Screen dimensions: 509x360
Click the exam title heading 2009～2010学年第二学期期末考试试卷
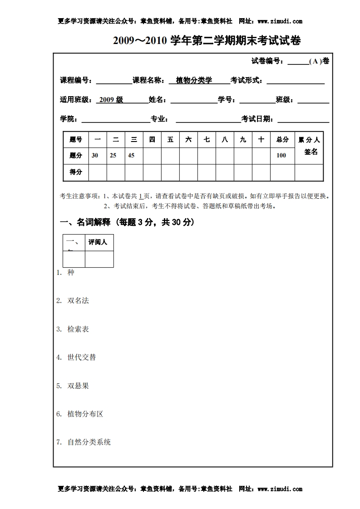207,41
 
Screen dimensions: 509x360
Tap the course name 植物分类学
194,80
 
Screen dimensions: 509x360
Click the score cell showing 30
95,155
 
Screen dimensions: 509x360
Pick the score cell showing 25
113,155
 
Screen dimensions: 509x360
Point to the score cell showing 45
131,155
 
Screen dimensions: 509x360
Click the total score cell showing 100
281,155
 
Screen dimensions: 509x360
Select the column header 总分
282,140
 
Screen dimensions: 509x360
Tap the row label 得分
76,172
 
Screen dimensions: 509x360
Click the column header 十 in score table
261,140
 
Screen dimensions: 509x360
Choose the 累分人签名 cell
309,146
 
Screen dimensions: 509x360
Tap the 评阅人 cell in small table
98,242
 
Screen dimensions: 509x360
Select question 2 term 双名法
78,301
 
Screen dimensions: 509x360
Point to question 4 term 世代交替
82,357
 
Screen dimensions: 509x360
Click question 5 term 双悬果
78,386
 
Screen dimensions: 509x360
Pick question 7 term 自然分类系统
89,442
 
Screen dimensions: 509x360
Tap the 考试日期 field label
257,119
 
